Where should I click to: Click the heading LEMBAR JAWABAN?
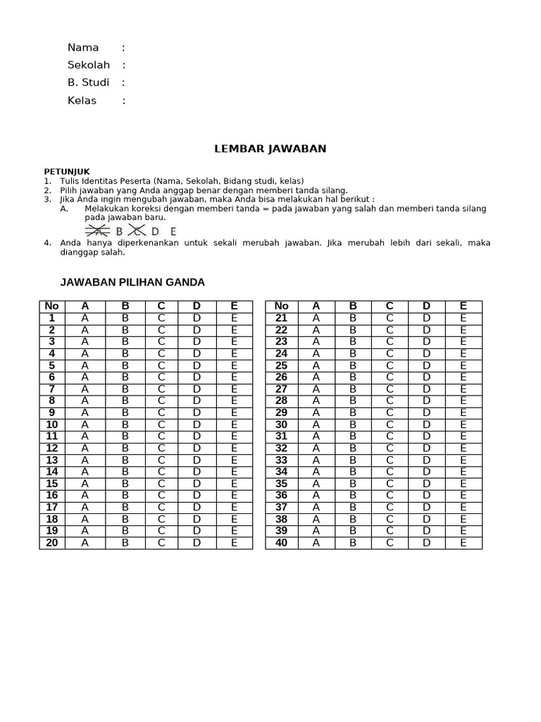click(x=270, y=149)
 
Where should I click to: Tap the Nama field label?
click(x=83, y=48)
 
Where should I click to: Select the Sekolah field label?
click(x=89, y=65)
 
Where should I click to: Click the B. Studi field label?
click(x=88, y=82)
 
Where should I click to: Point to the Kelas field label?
click(x=82, y=100)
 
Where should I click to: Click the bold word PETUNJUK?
click(x=67, y=171)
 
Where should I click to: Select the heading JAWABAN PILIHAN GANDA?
click(x=132, y=282)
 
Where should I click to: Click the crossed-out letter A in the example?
click(x=99, y=231)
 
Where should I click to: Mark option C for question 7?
click(x=161, y=389)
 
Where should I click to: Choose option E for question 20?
click(x=235, y=543)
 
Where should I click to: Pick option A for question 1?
click(x=85, y=318)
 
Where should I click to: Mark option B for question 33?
click(x=353, y=460)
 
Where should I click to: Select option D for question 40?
click(x=426, y=543)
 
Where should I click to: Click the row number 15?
click(x=51, y=484)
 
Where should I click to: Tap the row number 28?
click(x=281, y=400)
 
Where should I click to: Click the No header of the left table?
click(x=51, y=306)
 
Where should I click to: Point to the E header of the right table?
click(x=463, y=306)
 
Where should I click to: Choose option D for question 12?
click(x=197, y=448)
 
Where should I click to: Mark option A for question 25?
click(x=316, y=365)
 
